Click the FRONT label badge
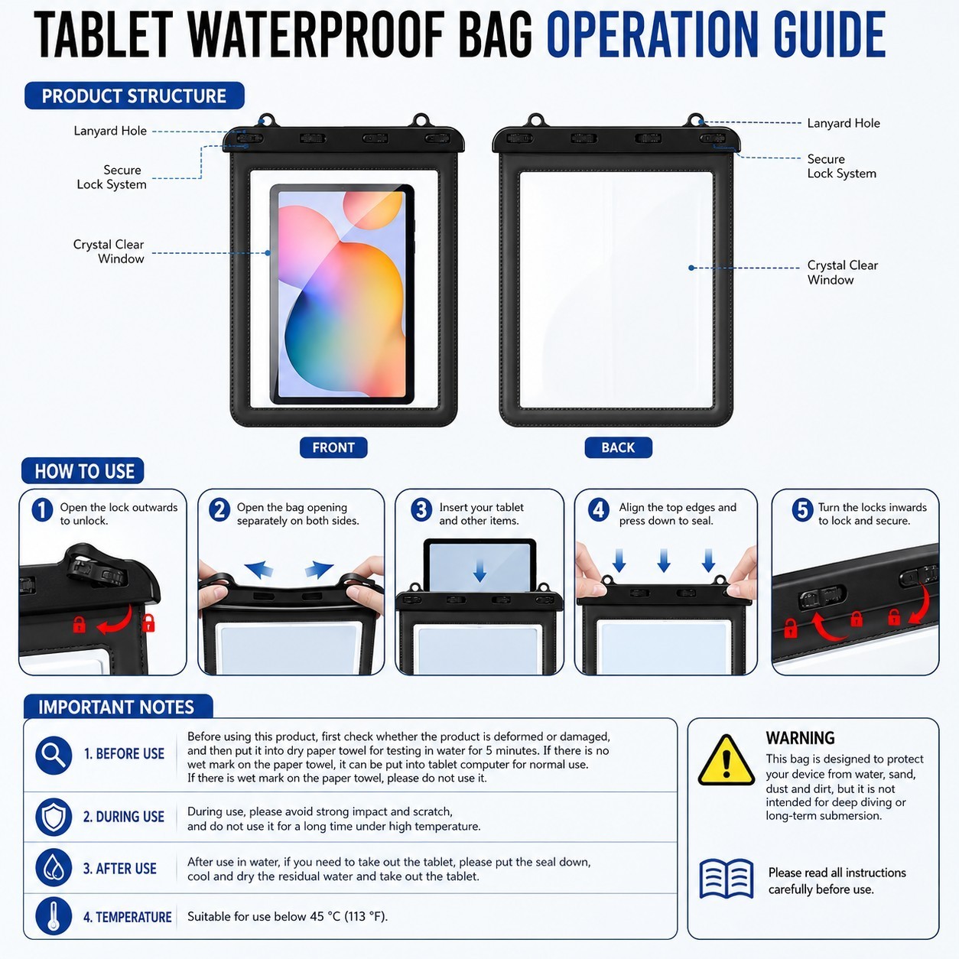coord(333,447)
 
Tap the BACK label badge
coord(618,447)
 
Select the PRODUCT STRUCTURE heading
coord(135,96)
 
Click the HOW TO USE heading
coord(83,471)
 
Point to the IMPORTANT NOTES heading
coord(118,707)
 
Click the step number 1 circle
coord(42,510)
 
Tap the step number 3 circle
coord(421,510)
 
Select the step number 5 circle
coord(802,510)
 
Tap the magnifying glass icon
coord(54,755)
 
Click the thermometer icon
coord(54,916)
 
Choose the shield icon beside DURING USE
coord(54,817)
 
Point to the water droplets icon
coord(54,867)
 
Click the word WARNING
coord(800,737)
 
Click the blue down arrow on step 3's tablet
coord(479,571)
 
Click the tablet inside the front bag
coord(342,294)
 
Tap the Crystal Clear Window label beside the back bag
coord(842,272)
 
